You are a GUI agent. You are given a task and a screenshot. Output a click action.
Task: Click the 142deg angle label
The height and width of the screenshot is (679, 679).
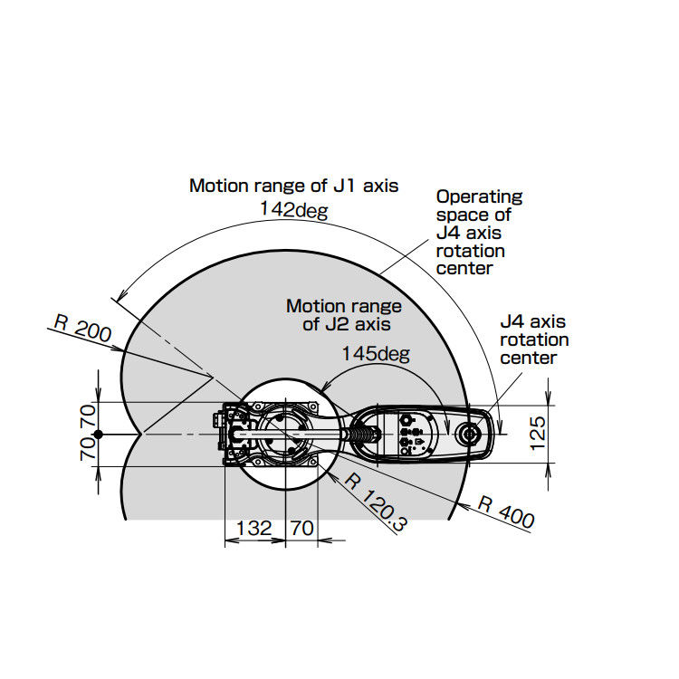[293, 210]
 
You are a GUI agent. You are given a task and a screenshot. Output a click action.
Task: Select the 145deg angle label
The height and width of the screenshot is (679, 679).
[376, 353]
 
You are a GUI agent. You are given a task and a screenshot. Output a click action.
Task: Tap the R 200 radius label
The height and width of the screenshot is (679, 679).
[82, 329]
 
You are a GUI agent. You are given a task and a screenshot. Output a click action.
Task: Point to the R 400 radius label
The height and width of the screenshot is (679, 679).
[506, 512]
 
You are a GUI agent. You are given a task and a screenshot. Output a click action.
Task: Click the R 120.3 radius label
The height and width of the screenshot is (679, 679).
[376, 502]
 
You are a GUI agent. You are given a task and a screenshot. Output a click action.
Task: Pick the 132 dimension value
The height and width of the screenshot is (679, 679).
[253, 528]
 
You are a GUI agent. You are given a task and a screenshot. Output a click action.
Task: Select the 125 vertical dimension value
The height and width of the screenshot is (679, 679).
[538, 434]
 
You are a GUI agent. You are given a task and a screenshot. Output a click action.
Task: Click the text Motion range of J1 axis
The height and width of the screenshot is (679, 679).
[293, 186]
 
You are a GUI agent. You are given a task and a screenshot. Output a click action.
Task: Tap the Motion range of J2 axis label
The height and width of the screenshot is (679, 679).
[344, 315]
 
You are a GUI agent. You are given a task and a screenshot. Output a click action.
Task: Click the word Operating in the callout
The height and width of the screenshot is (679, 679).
[479, 197]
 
